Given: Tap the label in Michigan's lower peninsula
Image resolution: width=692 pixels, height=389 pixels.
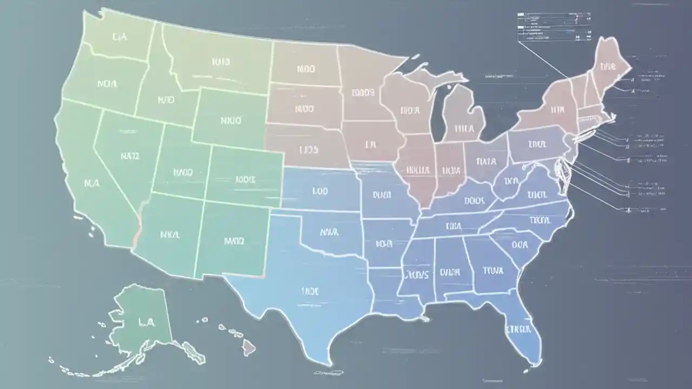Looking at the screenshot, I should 464,129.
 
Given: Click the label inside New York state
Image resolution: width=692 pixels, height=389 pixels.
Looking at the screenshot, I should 557,110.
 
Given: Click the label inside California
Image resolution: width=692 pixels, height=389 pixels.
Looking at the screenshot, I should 92,183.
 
